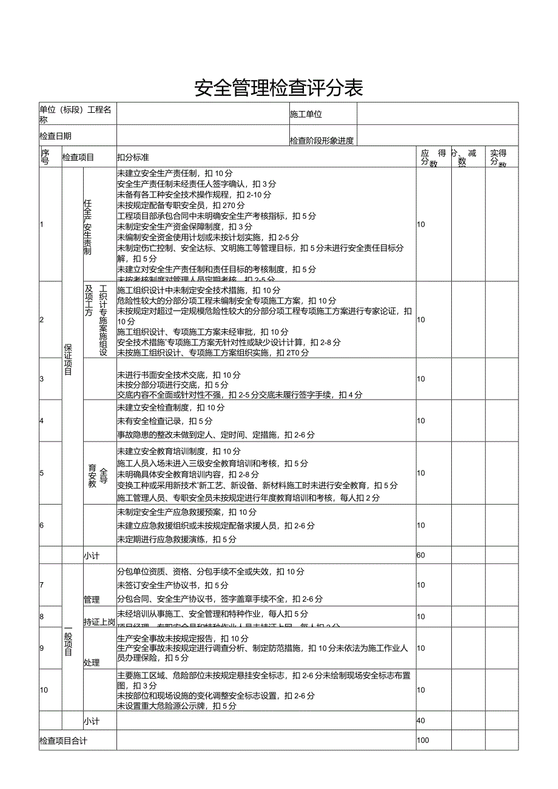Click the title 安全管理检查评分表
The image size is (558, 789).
[278, 89]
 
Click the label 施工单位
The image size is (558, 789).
[306, 114]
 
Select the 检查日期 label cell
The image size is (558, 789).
[55, 136]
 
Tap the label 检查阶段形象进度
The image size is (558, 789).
[321, 141]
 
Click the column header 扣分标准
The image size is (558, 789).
[133, 157]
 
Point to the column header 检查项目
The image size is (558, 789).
[78, 157]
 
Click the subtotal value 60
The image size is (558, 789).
[421, 555]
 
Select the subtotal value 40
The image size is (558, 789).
[421, 720]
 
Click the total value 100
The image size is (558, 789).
[423, 740]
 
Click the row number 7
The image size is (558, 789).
[42, 585]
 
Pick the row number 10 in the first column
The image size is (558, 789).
[44, 690]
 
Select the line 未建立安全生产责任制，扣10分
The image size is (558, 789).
[175, 173]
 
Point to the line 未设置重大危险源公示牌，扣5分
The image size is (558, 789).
[176, 706]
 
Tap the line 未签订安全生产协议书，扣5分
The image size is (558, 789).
[173, 585]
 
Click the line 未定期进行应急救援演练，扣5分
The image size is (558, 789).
[176, 539]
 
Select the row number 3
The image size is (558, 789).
[42, 378]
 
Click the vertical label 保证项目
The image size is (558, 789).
[68, 359]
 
